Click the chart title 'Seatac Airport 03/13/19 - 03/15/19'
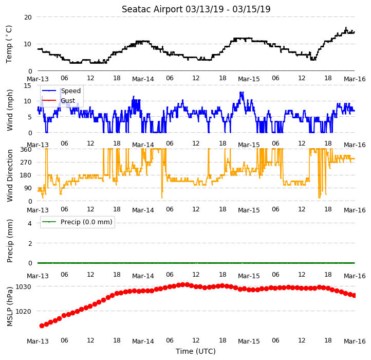click(196, 9)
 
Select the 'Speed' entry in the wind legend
click(71, 91)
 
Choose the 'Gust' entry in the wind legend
click(68, 101)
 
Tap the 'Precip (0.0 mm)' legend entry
click(86, 222)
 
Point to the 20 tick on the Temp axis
click(28, 17)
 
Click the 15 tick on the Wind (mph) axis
click(28, 85)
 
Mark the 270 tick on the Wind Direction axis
click(26, 162)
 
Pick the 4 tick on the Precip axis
click(30, 223)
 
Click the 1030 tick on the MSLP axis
click(23, 286)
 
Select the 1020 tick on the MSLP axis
click(23, 311)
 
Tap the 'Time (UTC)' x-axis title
click(196, 351)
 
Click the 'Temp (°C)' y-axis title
click(9, 44)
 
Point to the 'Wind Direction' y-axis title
click(10, 175)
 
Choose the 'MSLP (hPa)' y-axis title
click(10, 307)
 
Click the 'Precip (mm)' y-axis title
click(10, 241)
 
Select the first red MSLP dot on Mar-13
click(42, 326)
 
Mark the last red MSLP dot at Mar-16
click(354, 295)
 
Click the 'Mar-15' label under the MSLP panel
click(249, 341)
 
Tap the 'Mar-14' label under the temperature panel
click(143, 79)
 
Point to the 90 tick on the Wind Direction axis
click(28, 188)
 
